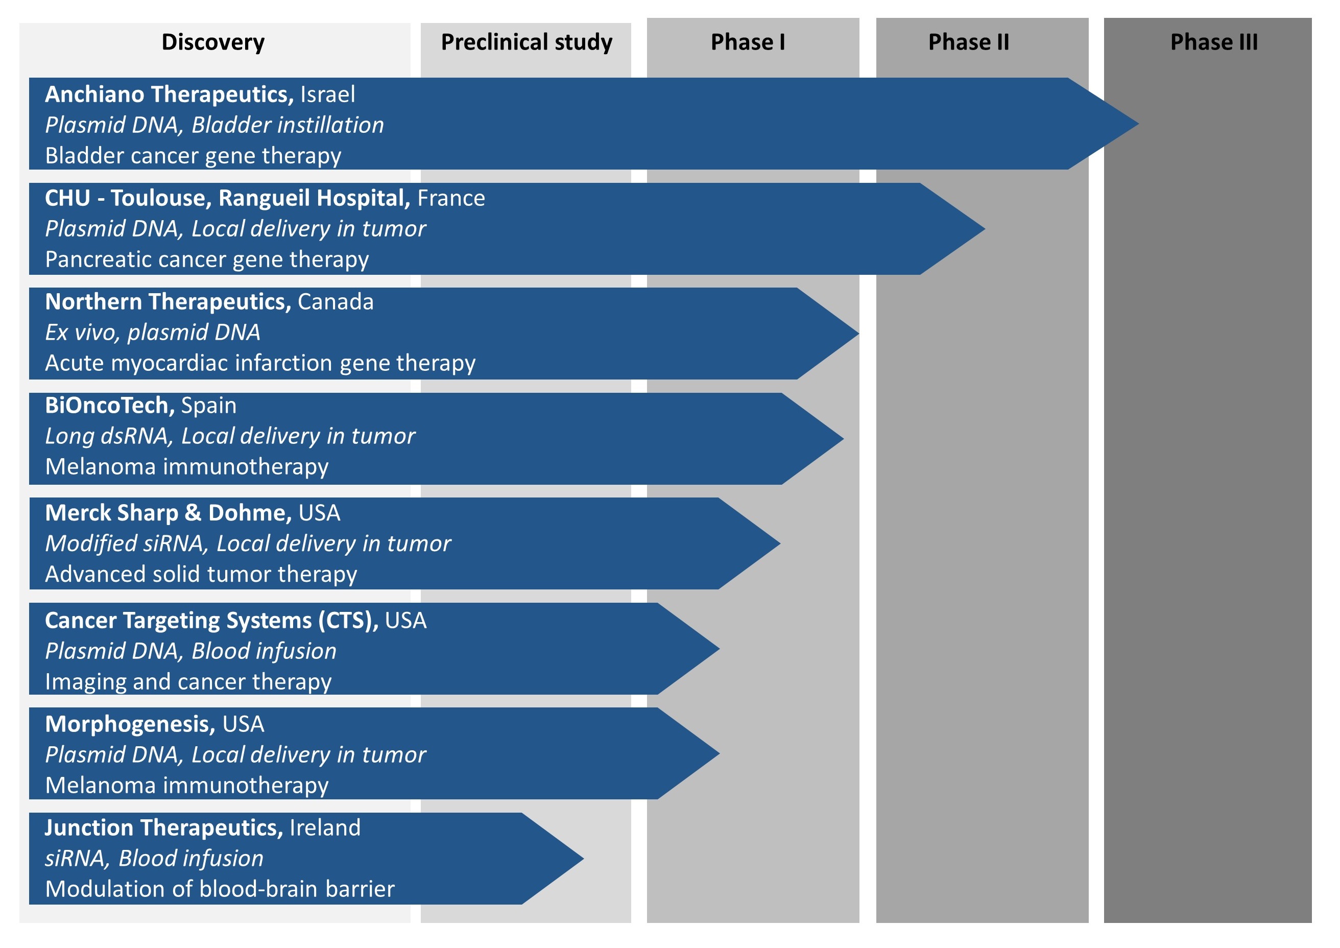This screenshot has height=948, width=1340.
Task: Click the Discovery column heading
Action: click(213, 42)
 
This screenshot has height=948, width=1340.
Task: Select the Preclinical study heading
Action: click(527, 42)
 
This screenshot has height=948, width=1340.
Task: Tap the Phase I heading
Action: click(748, 42)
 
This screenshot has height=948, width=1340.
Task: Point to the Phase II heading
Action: click(968, 42)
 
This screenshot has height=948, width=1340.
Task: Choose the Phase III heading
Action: click(1214, 42)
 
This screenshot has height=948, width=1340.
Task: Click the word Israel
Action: click(327, 94)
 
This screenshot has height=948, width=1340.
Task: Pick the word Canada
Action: click(336, 302)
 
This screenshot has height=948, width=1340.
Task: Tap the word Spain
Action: click(209, 406)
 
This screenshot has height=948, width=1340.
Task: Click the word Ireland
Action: click(325, 828)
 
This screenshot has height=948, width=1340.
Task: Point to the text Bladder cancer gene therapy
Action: click(193, 156)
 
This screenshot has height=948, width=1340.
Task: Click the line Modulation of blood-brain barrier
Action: click(220, 889)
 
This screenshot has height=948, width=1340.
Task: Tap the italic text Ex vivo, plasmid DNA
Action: click(153, 333)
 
